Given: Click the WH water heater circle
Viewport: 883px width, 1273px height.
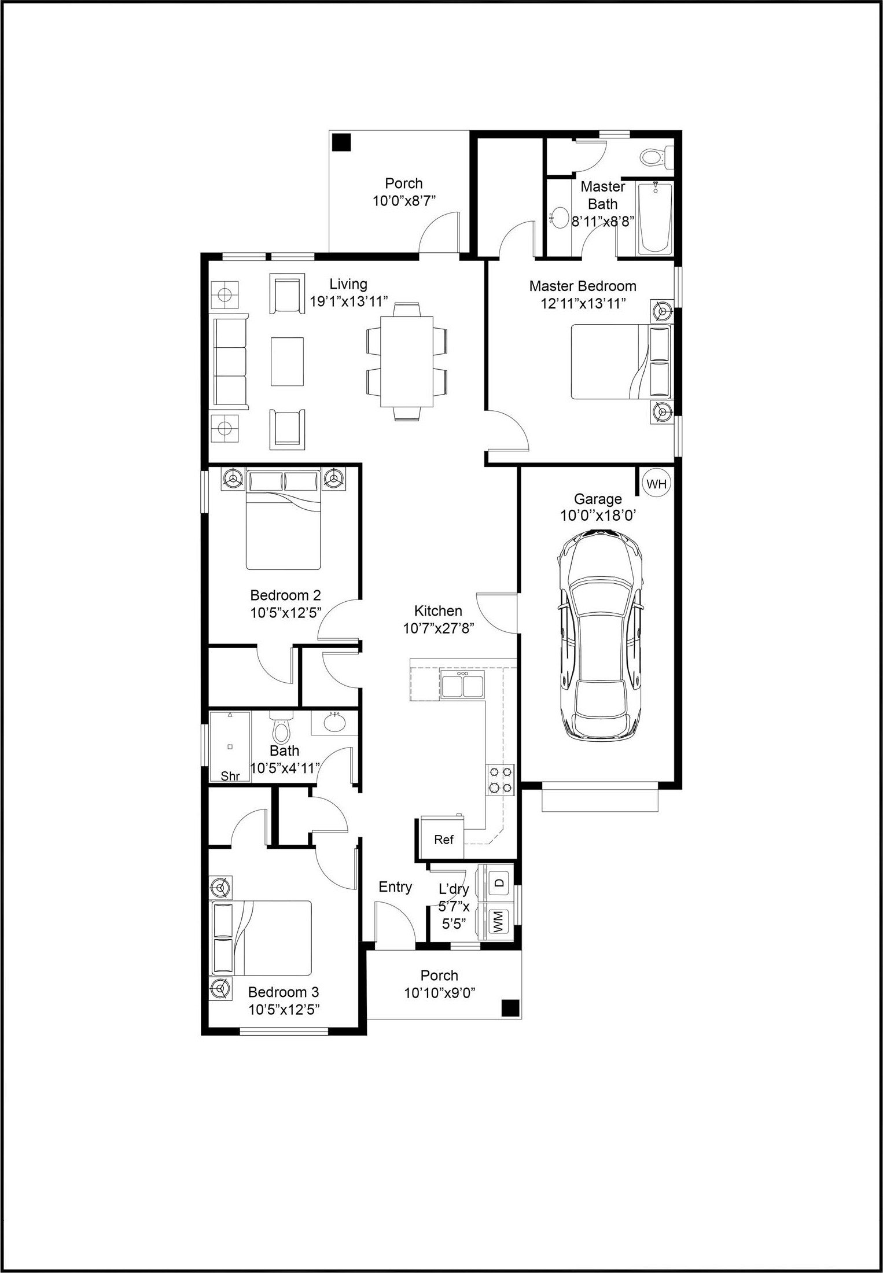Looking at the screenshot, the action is tap(656, 484).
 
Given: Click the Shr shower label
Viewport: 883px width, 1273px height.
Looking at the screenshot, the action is tap(230, 776).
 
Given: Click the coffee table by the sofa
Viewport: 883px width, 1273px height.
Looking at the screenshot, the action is tap(288, 361).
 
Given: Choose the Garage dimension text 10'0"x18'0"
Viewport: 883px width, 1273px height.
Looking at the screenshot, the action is tap(598, 516).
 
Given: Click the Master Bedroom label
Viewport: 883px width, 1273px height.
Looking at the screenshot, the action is tap(583, 286).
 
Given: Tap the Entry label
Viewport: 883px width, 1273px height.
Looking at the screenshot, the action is tap(395, 887).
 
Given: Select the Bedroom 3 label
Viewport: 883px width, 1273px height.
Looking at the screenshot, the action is tap(284, 992).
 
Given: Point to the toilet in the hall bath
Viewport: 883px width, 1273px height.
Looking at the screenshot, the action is tap(281, 729).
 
